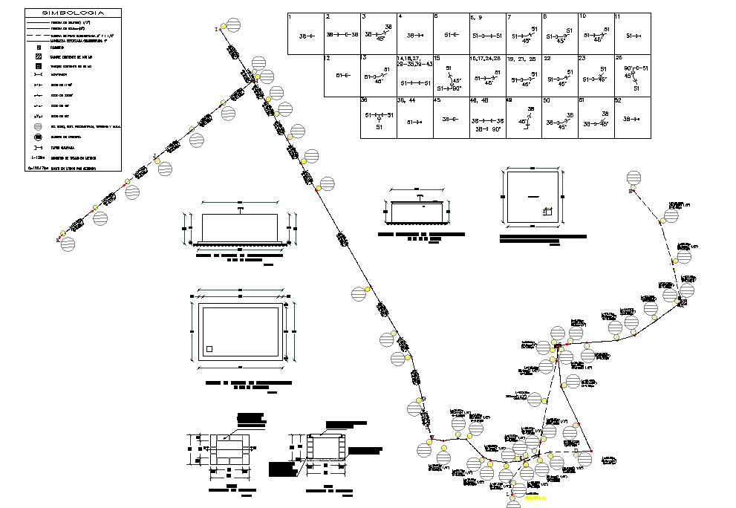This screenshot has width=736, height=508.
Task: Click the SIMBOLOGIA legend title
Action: [x=73, y=13]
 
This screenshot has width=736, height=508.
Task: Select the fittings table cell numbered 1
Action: [x=305, y=33]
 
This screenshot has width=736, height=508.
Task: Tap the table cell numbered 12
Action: [x=342, y=75]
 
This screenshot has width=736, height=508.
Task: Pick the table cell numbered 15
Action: [x=450, y=75]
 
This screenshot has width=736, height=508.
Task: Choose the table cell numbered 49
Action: [x=523, y=117]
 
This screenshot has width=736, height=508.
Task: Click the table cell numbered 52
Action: [x=632, y=117]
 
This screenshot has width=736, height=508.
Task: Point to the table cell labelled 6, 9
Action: [x=486, y=33]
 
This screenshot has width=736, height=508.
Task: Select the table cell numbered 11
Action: [x=632, y=33]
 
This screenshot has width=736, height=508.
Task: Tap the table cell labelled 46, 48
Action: [x=486, y=117]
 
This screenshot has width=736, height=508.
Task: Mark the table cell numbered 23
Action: [x=596, y=75]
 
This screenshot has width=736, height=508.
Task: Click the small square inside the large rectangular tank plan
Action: [x=210, y=349]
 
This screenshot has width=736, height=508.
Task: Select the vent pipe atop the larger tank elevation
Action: [x=240, y=210]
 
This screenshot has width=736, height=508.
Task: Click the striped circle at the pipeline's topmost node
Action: [x=233, y=26]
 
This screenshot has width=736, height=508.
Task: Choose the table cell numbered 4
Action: [x=414, y=33]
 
